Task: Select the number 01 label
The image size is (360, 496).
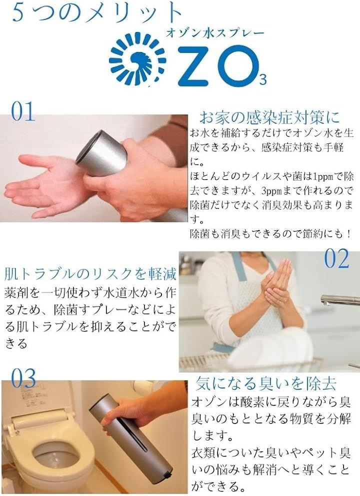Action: coord(23,111)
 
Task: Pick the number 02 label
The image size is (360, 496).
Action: coord(336,258)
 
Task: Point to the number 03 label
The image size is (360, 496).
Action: coord(23,378)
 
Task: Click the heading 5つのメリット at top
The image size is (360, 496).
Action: coord(97,13)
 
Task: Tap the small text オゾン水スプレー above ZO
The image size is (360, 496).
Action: coord(215,33)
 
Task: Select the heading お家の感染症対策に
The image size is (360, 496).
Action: coord(269,117)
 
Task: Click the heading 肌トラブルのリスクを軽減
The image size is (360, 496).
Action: coord(90,273)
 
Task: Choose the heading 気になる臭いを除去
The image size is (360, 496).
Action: coord(265,383)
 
